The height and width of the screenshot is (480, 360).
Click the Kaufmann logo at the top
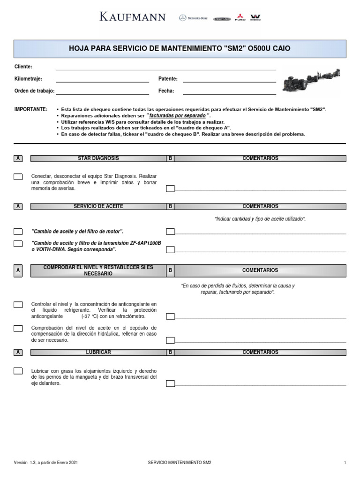(x=132, y=17)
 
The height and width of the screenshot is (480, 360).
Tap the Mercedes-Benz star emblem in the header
(x=182, y=18)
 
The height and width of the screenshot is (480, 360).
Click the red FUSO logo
(x=240, y=17)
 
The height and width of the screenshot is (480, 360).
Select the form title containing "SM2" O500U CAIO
(x=180, y=49)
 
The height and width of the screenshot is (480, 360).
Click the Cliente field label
(x=23, y=67)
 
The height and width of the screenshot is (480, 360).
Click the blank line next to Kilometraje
(x=102, y=79)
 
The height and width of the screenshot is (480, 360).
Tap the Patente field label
(x=168, y=79)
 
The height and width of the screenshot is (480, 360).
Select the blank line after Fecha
(x=229, y=91)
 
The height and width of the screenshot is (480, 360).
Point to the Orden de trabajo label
(x=35, y=91)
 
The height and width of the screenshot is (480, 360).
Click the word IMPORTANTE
(x=31, y=109)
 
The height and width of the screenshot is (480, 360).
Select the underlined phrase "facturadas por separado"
(x=177, y=115)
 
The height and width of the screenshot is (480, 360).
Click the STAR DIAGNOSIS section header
(x=98, y=158)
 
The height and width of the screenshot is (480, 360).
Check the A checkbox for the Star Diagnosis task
(x=18, y=177)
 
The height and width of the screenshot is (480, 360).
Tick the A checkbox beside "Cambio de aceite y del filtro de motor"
(x=18, y=232)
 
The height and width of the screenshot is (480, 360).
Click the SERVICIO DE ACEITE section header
(x=98, y=206)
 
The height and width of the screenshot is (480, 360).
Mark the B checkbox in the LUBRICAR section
(x=171, y=383)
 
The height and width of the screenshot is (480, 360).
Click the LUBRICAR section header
(x=98, y=352)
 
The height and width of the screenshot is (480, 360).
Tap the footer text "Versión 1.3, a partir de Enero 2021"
(x=46, y=463)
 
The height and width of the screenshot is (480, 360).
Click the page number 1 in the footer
(x=345, y=463)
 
